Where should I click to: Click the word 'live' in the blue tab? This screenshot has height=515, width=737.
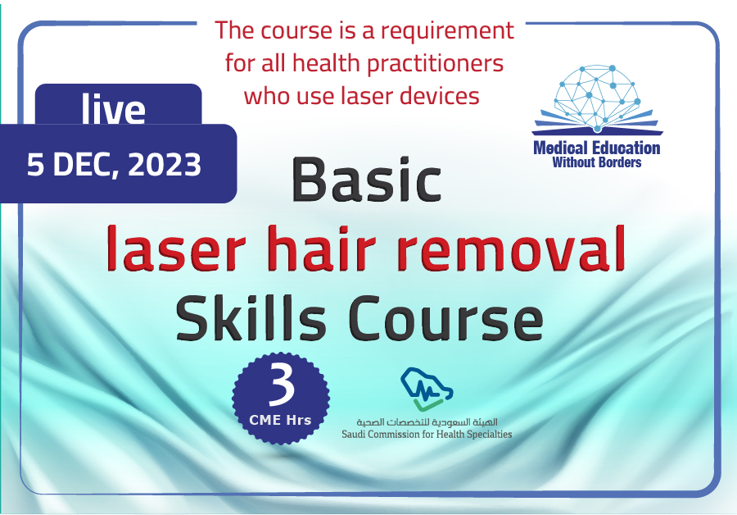(x=113, y=109)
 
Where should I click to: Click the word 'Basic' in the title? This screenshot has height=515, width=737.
(x=367, y=180)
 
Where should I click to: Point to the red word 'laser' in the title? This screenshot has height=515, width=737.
(x=176, y=248)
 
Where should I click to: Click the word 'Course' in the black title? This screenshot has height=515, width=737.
(x=445, y=318)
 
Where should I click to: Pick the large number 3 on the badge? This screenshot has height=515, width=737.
(x=281, y=383)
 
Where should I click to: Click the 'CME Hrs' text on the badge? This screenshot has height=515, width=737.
(x=280, y=419)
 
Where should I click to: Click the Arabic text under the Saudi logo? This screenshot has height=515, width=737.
(x=427, y=422)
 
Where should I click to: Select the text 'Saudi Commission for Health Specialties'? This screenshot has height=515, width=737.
(x=427, y=434)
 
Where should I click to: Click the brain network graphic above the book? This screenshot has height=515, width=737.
(x=597, y=97)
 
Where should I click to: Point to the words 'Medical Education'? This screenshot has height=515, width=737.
(x=597, y=148)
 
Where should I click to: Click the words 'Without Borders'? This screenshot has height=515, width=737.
(x=597, y=162)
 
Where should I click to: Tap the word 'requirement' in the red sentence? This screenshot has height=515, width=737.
(x=447, y=31)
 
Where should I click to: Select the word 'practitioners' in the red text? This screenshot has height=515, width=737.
(x=436, y=64)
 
